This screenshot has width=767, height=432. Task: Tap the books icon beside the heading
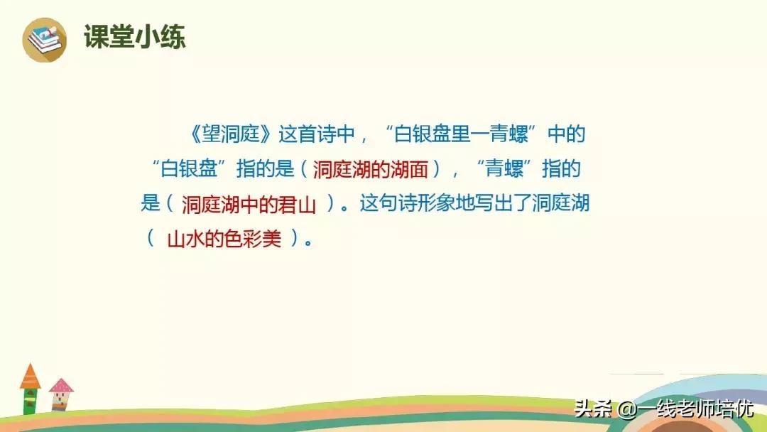click(44, 39)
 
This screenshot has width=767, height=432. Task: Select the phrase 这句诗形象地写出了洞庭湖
click(474, 205)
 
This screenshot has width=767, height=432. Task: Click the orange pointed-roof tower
click(30, 388)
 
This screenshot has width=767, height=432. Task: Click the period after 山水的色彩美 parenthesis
click(308, 241)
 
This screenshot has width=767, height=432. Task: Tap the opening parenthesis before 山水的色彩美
click(151, 239)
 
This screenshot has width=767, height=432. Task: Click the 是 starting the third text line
click(150, 205)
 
